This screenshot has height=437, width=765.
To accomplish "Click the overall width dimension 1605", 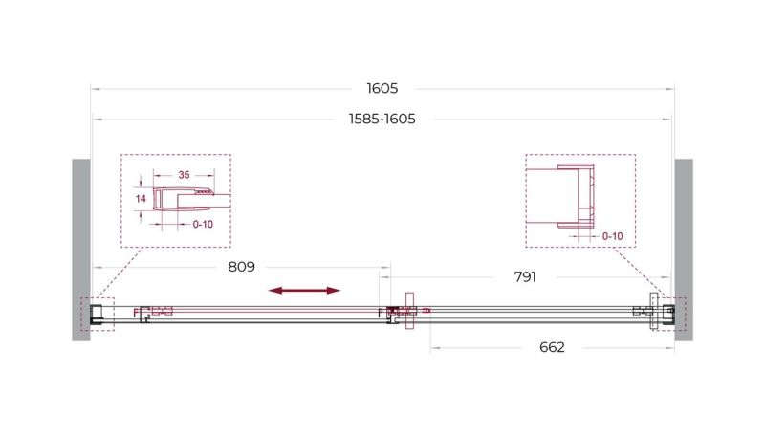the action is (x=382, y=88).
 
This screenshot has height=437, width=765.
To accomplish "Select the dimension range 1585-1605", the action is (x=382, y=119).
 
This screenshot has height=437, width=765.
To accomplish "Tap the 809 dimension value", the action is (x=242, y=267).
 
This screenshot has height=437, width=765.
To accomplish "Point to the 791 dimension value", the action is (x=525, y=277).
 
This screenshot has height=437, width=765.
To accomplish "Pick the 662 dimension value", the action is (x=552, y=347).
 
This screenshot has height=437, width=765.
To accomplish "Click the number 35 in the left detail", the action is (x=184, y=175).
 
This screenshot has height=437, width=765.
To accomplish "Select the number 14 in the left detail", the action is (x=141, y=199).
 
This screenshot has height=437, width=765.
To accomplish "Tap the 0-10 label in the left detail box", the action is (x=203, y=225).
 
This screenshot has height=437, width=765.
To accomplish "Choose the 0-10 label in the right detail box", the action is (x=612, y=236).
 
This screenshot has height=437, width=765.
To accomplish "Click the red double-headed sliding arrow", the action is (x=304, y=291).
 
